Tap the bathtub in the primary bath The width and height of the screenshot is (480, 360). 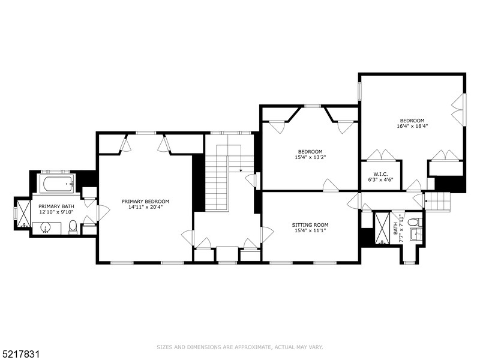click(x=56, y=183)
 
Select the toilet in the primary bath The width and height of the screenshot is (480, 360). click(x=73, y=227)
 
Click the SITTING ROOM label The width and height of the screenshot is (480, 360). click(x=310, y=225)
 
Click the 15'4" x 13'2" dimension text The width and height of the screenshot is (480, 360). click(x=310, y=157)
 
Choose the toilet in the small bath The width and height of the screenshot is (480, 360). click(x=413, y=223)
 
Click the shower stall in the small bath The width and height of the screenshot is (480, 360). click(x=382, y=228)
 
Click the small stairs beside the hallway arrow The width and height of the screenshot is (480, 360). click(x=438, y=200)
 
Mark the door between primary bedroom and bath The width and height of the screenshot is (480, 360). click(x=102, y=212)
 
